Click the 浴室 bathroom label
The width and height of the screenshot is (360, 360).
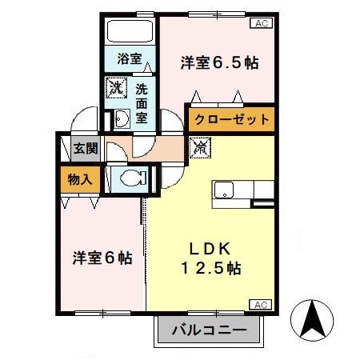click(x=129, y=58)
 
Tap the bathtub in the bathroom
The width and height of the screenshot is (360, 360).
click(x=130, y=33)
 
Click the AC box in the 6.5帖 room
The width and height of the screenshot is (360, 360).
click(x=261, y=24)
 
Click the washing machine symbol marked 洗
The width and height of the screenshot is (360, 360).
click(x=118, y=87)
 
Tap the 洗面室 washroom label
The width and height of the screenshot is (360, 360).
click(x=141, y=102)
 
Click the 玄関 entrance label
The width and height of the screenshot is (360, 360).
click(x=84, y=148)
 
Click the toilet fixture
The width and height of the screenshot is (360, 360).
click(x=131, y=176)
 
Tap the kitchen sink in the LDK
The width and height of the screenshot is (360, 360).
click(x=223, y=190)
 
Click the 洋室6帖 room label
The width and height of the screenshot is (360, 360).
click(x=102, y=258)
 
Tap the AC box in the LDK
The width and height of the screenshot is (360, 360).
click(x=261, y=303)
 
